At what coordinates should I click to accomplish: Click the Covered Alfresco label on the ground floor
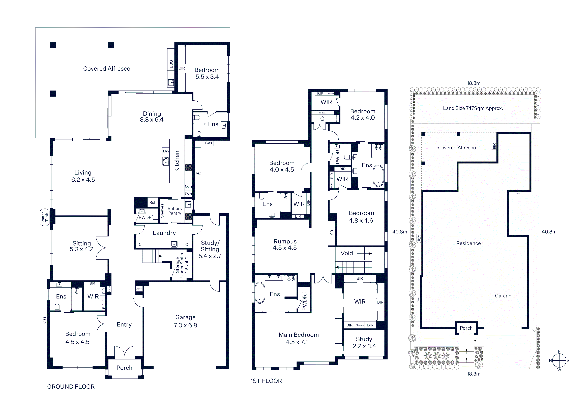(107, 69)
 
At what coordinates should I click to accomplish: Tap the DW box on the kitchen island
(166, 151)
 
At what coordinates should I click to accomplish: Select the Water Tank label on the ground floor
(45, 217)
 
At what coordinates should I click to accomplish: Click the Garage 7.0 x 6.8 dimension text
(185, 325)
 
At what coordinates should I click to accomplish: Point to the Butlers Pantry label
(175, 211)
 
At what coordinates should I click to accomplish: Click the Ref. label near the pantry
(153, 202)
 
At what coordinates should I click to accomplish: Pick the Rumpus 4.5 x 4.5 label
(285, 244)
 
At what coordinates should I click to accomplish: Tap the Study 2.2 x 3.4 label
(364, 343)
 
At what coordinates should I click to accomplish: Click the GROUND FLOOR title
(71, 387)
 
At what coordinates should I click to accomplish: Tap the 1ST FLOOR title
(266, 381)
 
